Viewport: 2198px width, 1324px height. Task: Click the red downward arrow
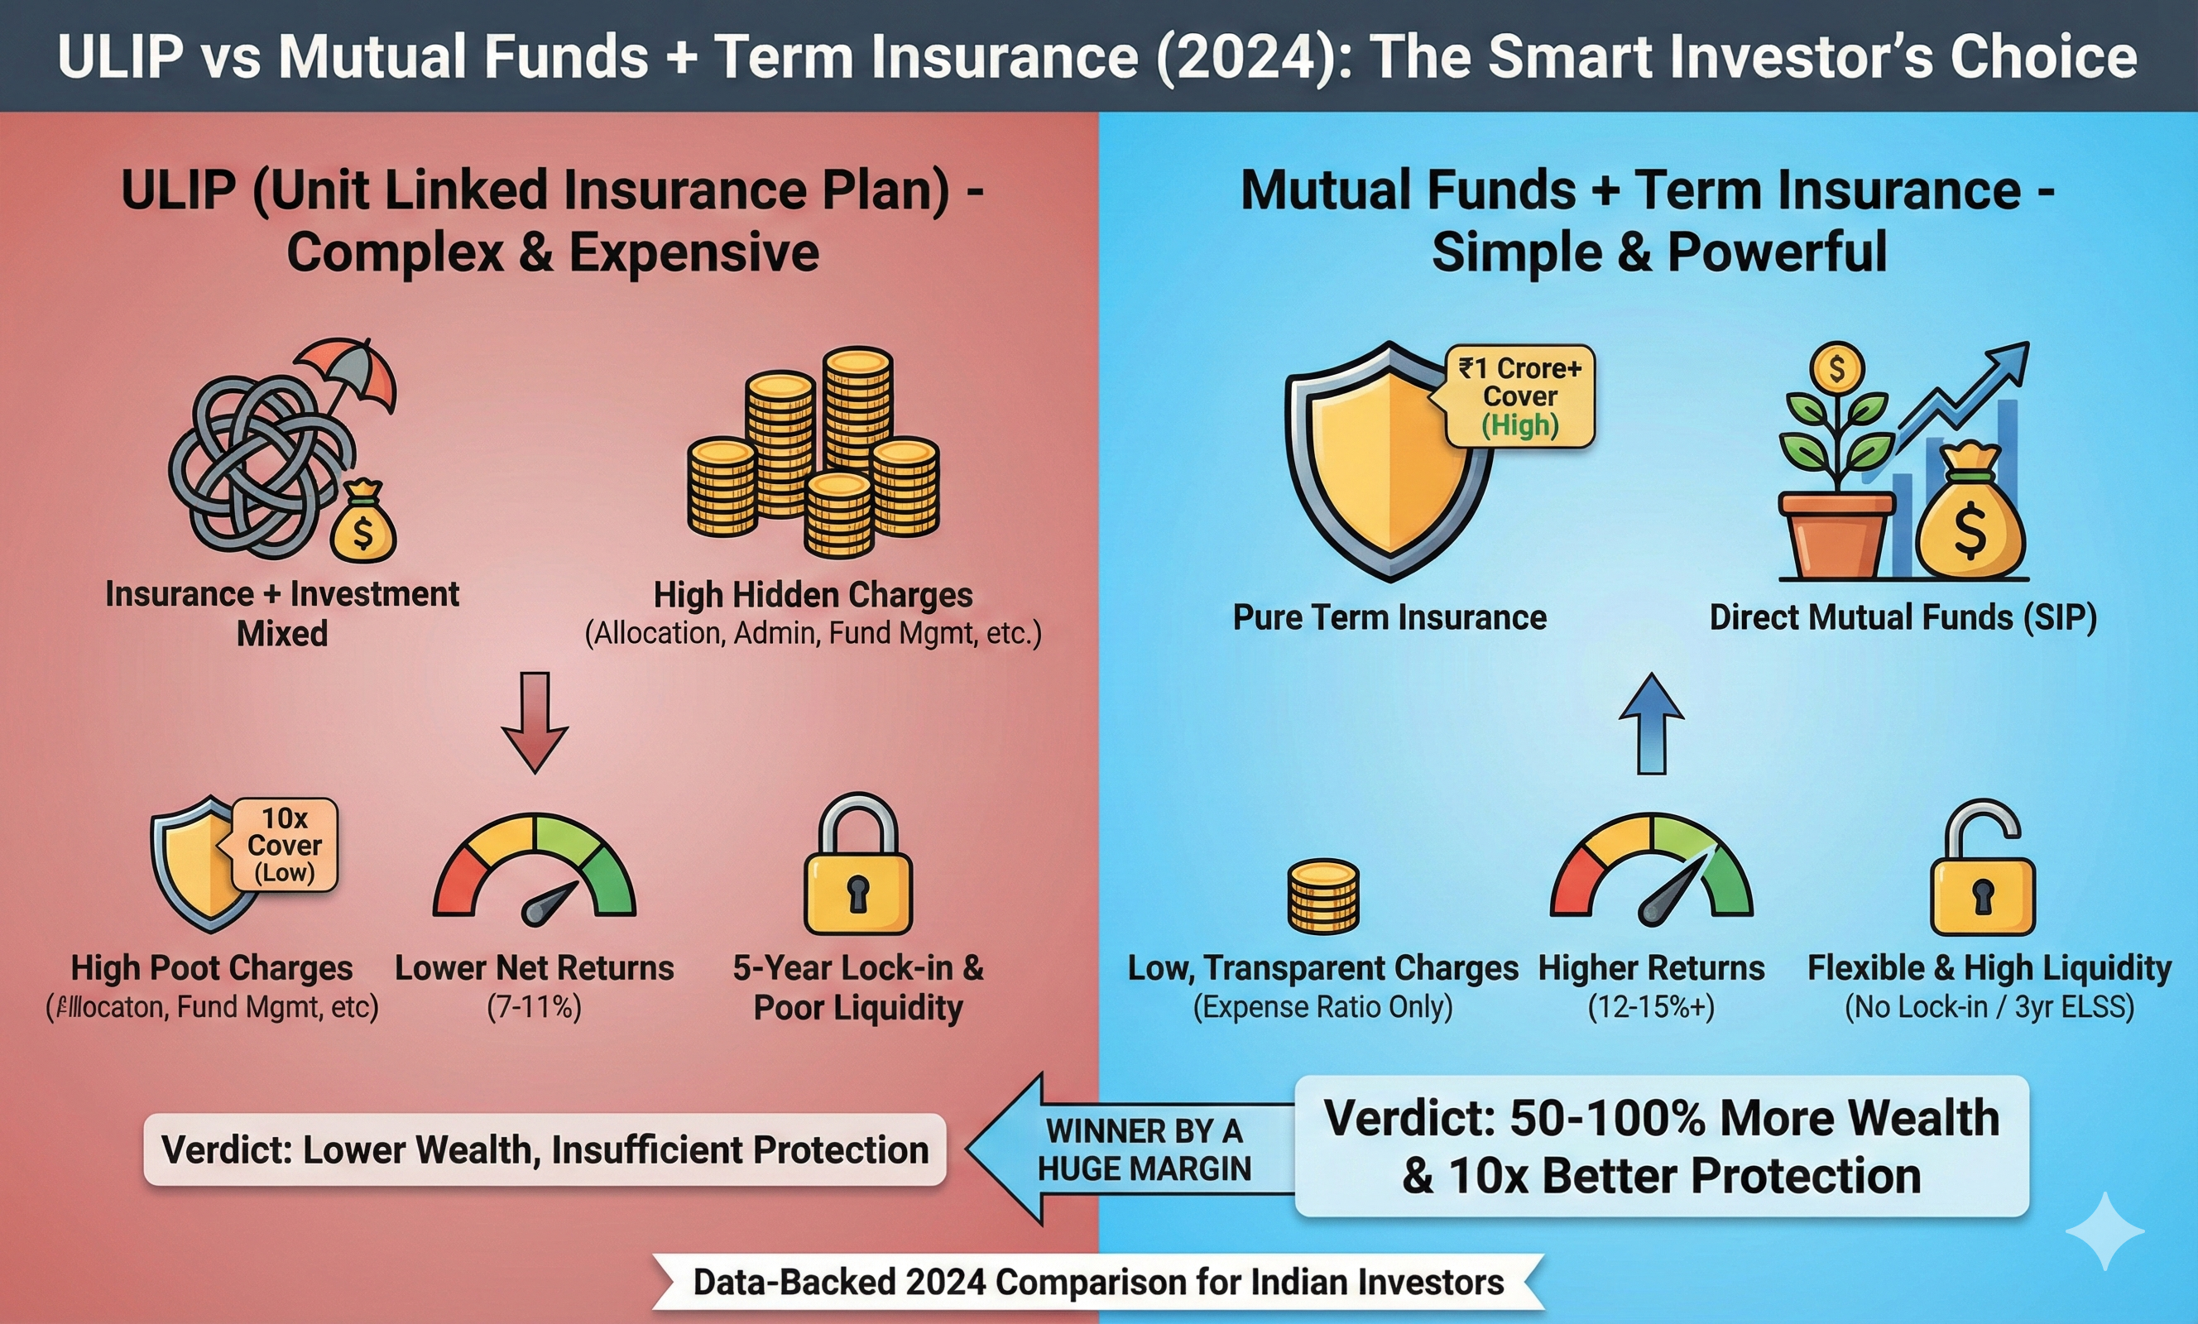click(x=535, y=722)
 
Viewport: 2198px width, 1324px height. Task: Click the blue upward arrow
click(x=1651, y=723)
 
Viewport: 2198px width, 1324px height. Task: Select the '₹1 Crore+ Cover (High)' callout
click(x=1519, y=396)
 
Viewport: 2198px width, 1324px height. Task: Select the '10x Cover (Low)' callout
click(x=285, y=845)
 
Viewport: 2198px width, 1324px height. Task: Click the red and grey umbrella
click(x=346, y=375)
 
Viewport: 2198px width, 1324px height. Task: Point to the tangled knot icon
click(x=254, y=464)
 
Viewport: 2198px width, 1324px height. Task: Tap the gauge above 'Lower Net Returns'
click(x=535, y=870)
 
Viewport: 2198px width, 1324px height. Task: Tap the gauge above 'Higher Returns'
click(x=1651, y=870)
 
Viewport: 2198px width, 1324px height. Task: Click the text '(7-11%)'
click(x=535, y=1007)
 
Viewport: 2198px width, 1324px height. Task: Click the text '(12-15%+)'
click(x=1651, y=1007)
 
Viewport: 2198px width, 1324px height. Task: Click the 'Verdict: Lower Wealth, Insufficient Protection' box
click(x=545, y=1149)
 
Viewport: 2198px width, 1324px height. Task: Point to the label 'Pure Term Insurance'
click(x=1389, y=617)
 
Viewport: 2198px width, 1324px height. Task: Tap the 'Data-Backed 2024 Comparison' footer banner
click(x=1098, y=1282)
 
